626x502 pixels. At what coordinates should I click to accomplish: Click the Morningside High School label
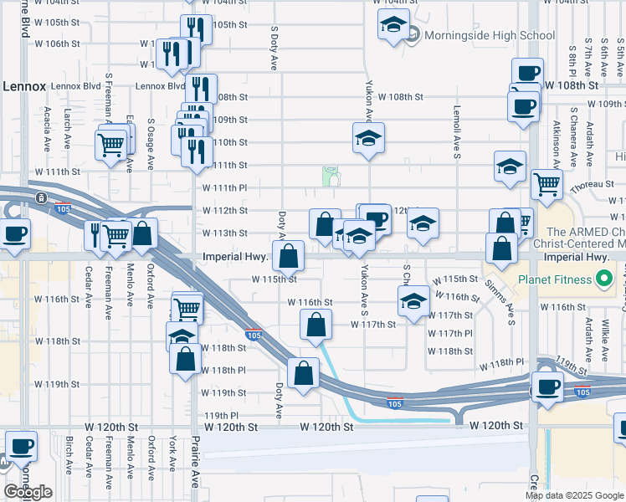(490, 35)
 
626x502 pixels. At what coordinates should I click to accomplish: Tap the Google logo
(28, 491)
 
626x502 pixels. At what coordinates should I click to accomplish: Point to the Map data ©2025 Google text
(575, 495)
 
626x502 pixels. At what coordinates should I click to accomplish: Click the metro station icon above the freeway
(41, 197)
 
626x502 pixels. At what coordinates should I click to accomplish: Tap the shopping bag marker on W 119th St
(303, 373)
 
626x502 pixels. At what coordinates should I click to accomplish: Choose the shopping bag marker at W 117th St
(316, 324)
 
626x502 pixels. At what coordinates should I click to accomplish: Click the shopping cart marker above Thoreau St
(547, 183)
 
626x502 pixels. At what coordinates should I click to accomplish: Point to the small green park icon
(331, 174)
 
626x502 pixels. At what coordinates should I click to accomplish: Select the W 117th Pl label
(450, 333)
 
